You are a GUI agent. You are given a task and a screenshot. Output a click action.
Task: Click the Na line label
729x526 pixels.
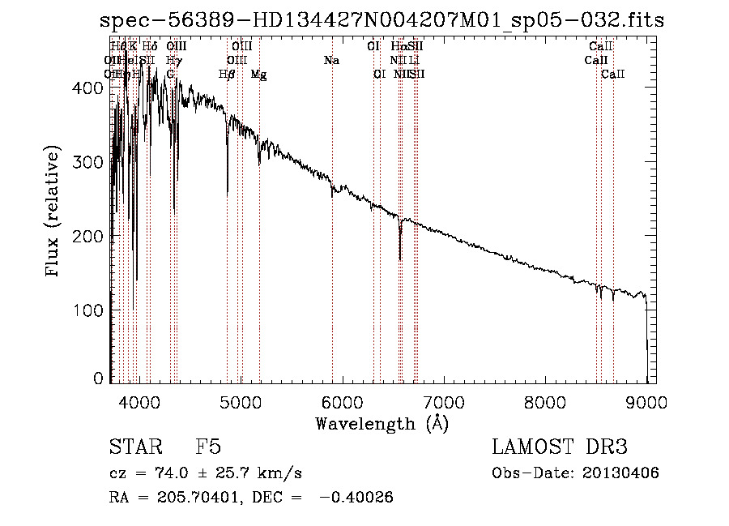[330, 61]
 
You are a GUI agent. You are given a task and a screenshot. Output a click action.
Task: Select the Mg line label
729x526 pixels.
[258, 75]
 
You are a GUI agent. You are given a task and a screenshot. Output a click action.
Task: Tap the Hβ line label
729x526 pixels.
[227, 75]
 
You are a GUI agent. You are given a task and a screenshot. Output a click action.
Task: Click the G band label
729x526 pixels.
[170, 75]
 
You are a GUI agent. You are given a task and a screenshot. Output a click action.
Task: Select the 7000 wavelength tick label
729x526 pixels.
[444, 401]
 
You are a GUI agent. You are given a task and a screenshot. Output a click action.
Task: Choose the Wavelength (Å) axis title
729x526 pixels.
[382, 423]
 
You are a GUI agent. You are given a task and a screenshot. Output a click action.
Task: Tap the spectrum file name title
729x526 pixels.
[382, 20]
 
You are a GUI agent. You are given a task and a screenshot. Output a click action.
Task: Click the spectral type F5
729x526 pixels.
[208, 448]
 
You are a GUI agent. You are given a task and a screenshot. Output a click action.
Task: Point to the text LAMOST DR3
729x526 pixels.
[559, 448]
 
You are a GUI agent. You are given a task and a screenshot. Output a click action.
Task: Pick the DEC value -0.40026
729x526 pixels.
[356, 498]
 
